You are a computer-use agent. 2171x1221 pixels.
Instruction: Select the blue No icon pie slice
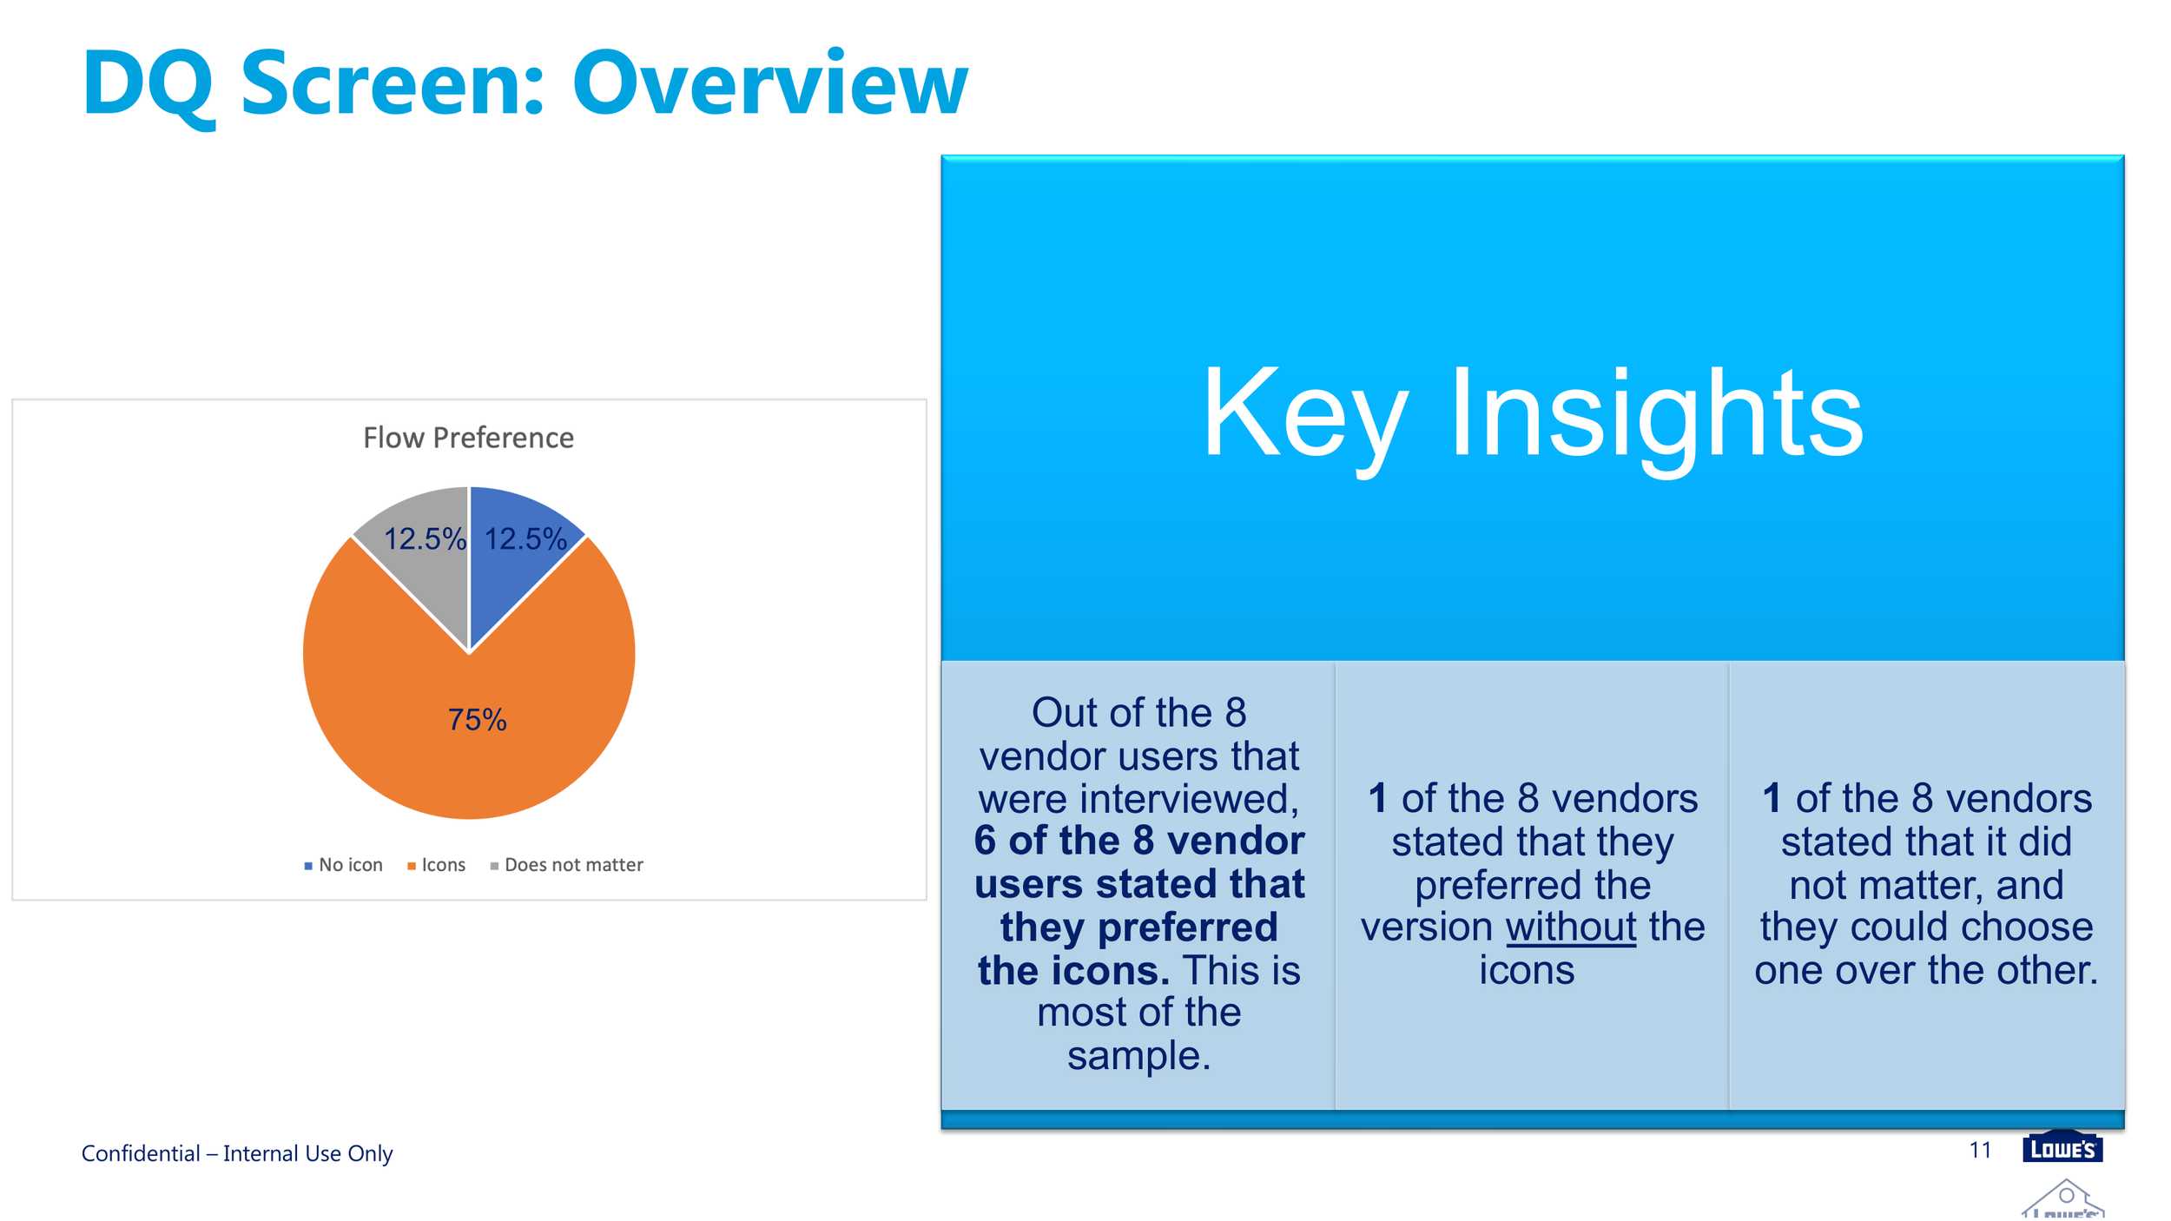(512, 556)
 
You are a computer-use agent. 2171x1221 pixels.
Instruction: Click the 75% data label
(477, 720)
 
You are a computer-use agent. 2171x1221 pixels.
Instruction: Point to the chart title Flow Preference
(468, 438)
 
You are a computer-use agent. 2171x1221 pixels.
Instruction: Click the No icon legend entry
(344, 865)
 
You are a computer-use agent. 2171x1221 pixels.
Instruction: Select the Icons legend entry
(437, 865)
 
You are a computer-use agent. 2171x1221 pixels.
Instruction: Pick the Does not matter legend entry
(567, 865)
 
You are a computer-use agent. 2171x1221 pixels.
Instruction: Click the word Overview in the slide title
(769, 83)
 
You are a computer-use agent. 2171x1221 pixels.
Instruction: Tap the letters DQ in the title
(148, 85)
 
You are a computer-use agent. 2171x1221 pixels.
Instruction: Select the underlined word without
(1571, 927)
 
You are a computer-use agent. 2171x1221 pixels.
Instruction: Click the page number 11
(1980, 1150)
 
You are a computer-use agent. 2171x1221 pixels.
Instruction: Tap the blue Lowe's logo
(2062, 1146)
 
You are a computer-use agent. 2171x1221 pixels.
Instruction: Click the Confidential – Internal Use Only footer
(237, 1153)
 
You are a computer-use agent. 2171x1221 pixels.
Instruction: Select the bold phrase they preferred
(1139, 927)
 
